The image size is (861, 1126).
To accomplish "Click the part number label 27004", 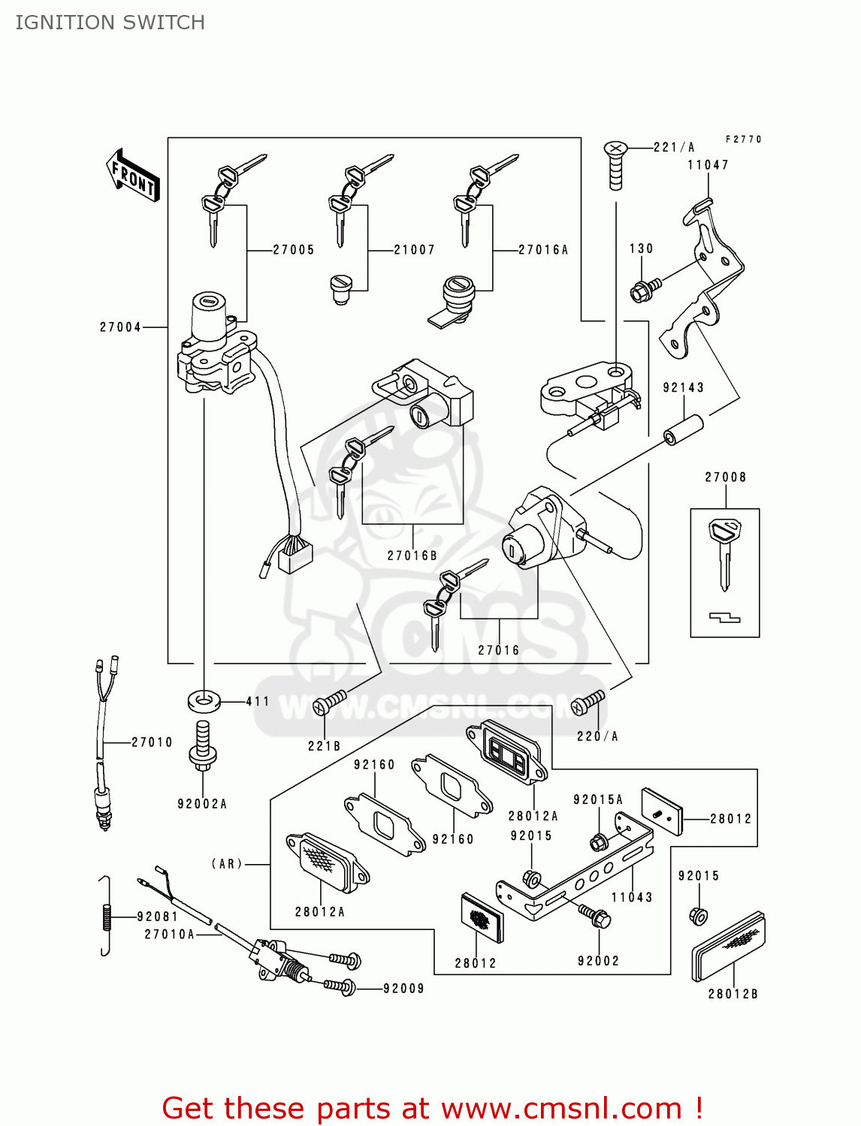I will click(120, 327).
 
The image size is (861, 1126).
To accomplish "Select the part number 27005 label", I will click(293, 250).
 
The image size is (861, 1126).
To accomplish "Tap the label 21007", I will click(414, 250).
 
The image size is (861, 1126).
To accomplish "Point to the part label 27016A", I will click(542, 250).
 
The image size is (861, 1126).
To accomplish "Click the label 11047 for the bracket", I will click(708, 165).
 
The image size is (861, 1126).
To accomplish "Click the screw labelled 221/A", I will click(616, 165).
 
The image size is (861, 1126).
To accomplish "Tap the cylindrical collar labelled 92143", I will click(684, 429).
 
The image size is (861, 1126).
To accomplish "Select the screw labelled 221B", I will click(331, 702).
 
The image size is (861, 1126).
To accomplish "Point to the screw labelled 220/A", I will click(588, 703).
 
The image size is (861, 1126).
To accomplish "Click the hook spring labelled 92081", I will click(106, 916).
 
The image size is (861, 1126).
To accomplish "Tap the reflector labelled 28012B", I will click(728, 947).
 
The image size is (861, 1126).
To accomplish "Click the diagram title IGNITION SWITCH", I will click(110, 23).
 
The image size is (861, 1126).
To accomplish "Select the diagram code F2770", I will click(743, 140).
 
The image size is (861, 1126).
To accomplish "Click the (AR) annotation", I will click(227, 864).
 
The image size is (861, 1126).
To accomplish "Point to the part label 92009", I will click(403, 989).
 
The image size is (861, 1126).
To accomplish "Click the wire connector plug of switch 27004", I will click(295, 555).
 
